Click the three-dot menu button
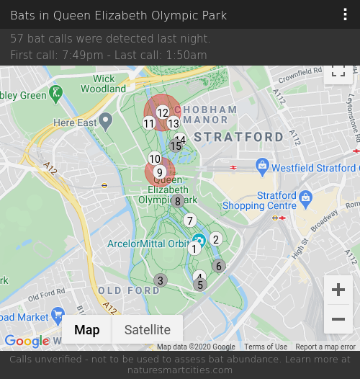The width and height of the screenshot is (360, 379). tap(346, 15)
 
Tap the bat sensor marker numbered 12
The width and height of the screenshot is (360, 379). tap(163, 112)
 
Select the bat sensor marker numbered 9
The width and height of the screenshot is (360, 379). tap(160, 172)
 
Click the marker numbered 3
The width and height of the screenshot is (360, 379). tap(161, 280)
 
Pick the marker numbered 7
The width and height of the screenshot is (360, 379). tap(190, 220)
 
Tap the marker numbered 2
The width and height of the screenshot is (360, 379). tap(215, 239)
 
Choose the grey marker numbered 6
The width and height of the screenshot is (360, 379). tap(219, 266)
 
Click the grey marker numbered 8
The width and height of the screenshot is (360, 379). tap(178, 201)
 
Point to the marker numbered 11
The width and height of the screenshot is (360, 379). tap(149, 123)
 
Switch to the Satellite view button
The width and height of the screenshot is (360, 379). tap(148, 330)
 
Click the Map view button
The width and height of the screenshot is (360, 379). tap(87, 330)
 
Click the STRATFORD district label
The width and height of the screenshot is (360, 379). tap(239, 137)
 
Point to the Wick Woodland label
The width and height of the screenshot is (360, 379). tap(104, 84)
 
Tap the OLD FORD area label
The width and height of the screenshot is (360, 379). tap(129, 290)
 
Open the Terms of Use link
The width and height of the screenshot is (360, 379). tap(266, 347)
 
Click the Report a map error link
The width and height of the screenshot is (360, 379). tap(325, 347)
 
